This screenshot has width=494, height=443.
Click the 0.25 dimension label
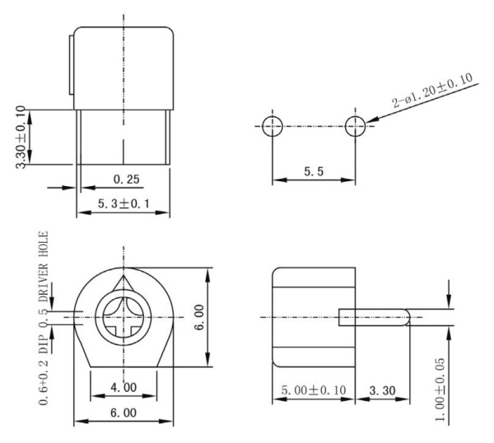[126, 180]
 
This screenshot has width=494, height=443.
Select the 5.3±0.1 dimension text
[123, 203]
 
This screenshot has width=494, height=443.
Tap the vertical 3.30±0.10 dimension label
[21, 137]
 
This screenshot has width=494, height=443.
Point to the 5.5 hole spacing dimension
[314, 171]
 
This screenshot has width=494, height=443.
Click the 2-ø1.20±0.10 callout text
[433, 91]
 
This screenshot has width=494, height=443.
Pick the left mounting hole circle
[273, 126]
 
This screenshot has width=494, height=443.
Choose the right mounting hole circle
[355, 126]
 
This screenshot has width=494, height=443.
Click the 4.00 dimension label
[123, 387]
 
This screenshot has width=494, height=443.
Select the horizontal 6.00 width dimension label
[123, 413]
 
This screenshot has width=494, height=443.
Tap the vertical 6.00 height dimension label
[199, 317]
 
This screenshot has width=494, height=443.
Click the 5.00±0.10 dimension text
[314, 390]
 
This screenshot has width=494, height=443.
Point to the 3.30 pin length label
[382, 390]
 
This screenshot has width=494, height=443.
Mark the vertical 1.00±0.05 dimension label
[440, 389]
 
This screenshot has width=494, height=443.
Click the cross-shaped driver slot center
[123, 317]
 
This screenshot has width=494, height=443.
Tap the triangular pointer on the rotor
[123, 283]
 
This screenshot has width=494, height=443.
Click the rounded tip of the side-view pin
[407, 317]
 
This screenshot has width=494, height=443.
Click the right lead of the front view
[168, 137]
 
